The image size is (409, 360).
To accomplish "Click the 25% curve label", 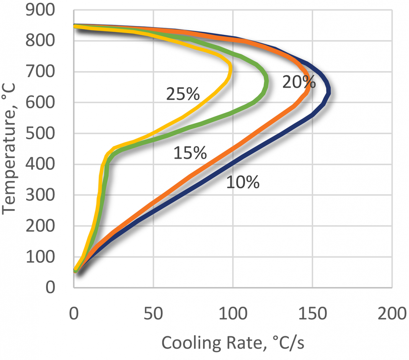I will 183,94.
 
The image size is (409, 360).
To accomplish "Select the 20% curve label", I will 299,82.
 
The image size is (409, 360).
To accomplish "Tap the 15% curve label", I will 190,153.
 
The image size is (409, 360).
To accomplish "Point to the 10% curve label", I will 242,182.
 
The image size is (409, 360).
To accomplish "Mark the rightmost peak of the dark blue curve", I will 329,92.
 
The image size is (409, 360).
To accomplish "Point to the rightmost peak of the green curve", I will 266,82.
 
